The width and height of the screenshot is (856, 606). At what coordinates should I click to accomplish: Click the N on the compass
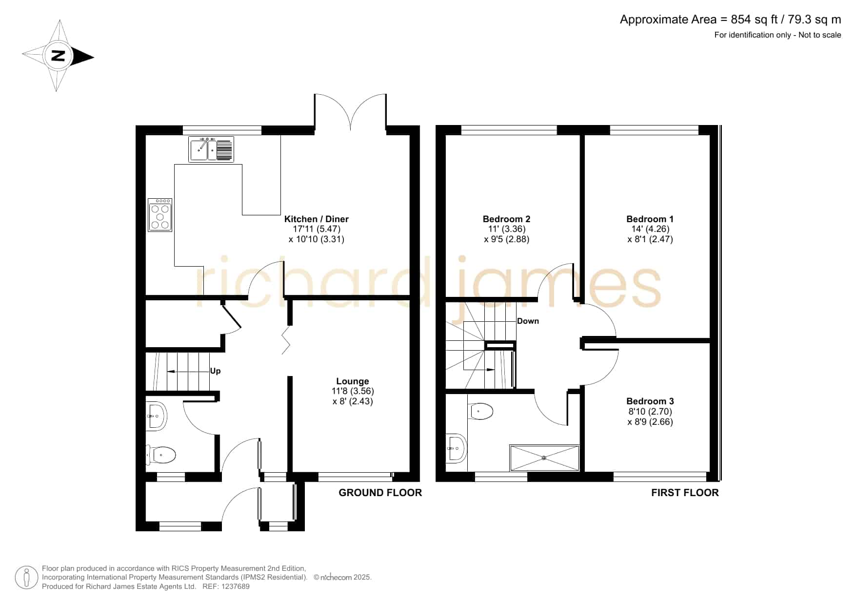[58, 56]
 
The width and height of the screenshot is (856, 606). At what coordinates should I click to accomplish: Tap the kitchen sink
[211, 149]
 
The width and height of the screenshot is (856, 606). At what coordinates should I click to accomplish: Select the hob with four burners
[160, 215]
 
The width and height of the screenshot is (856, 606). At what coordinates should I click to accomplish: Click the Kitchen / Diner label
[317, 219]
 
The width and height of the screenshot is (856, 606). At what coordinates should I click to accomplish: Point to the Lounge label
[353, 381]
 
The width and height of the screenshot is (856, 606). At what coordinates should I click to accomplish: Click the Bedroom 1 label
[650, 219]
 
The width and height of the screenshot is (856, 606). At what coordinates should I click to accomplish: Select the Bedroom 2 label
[507, 219]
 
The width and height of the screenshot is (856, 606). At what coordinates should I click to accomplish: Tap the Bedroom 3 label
[650, 401]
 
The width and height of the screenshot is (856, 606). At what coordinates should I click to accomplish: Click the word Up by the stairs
[215, 371]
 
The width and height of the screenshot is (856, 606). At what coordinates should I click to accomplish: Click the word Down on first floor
[528, 321]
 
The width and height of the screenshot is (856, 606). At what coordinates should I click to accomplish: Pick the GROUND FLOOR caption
[380, 493]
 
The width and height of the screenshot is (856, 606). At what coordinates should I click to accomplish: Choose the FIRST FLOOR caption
[685, 493]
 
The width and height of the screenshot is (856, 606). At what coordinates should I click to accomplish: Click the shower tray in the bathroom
[544, 458]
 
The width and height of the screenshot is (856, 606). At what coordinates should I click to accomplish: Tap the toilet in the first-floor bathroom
[480, 411]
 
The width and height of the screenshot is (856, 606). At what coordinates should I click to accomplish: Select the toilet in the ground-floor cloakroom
[162, 456]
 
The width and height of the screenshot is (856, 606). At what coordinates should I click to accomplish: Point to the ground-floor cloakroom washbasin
[156, 416]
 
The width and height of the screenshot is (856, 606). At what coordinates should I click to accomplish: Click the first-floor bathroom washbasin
[457, 447]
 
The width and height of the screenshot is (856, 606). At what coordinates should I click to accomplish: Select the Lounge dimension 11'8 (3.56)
[353, 391]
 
